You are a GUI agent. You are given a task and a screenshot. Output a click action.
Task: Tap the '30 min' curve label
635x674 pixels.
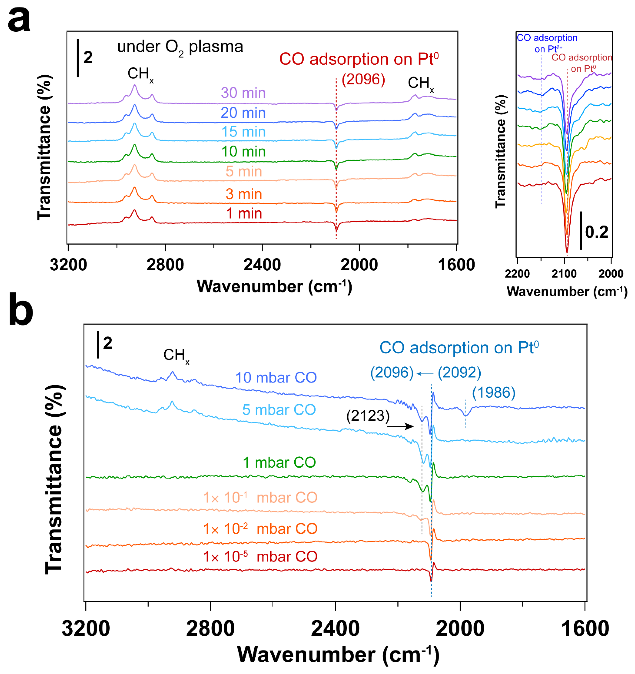[243, 93]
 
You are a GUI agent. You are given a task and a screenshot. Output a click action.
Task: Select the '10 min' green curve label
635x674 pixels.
[243, 152]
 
